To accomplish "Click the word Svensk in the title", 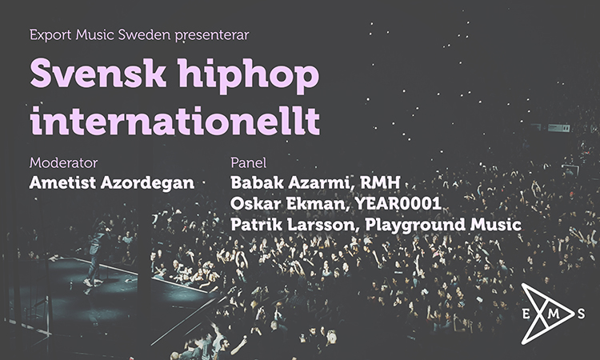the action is click(x=98, y=73).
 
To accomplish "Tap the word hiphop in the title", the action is click(x=249, y=76).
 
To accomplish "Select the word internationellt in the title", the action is click(x=175, y=121).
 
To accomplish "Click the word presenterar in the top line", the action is click(x=212, y=35).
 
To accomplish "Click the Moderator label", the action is click(x=63, y=162).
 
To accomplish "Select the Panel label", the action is click(x=248, y=162).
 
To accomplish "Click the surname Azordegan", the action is click(x=147, y=184).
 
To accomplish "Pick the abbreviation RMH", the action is click(x=380, y=182).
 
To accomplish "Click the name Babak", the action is click(x=257, y=182).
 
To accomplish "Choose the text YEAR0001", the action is click(x=398, y=203).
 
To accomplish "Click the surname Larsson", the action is click(x=322, y=225).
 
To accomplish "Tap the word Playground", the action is click(x=415, y=226).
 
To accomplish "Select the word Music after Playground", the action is click(x=495, y=224).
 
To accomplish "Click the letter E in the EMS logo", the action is click(x=526, y=314).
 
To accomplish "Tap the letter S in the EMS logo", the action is click(x=582, y=314).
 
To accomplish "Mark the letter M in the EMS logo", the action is click(x=554, y=314).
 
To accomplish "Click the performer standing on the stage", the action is click(x=97, y=253).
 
